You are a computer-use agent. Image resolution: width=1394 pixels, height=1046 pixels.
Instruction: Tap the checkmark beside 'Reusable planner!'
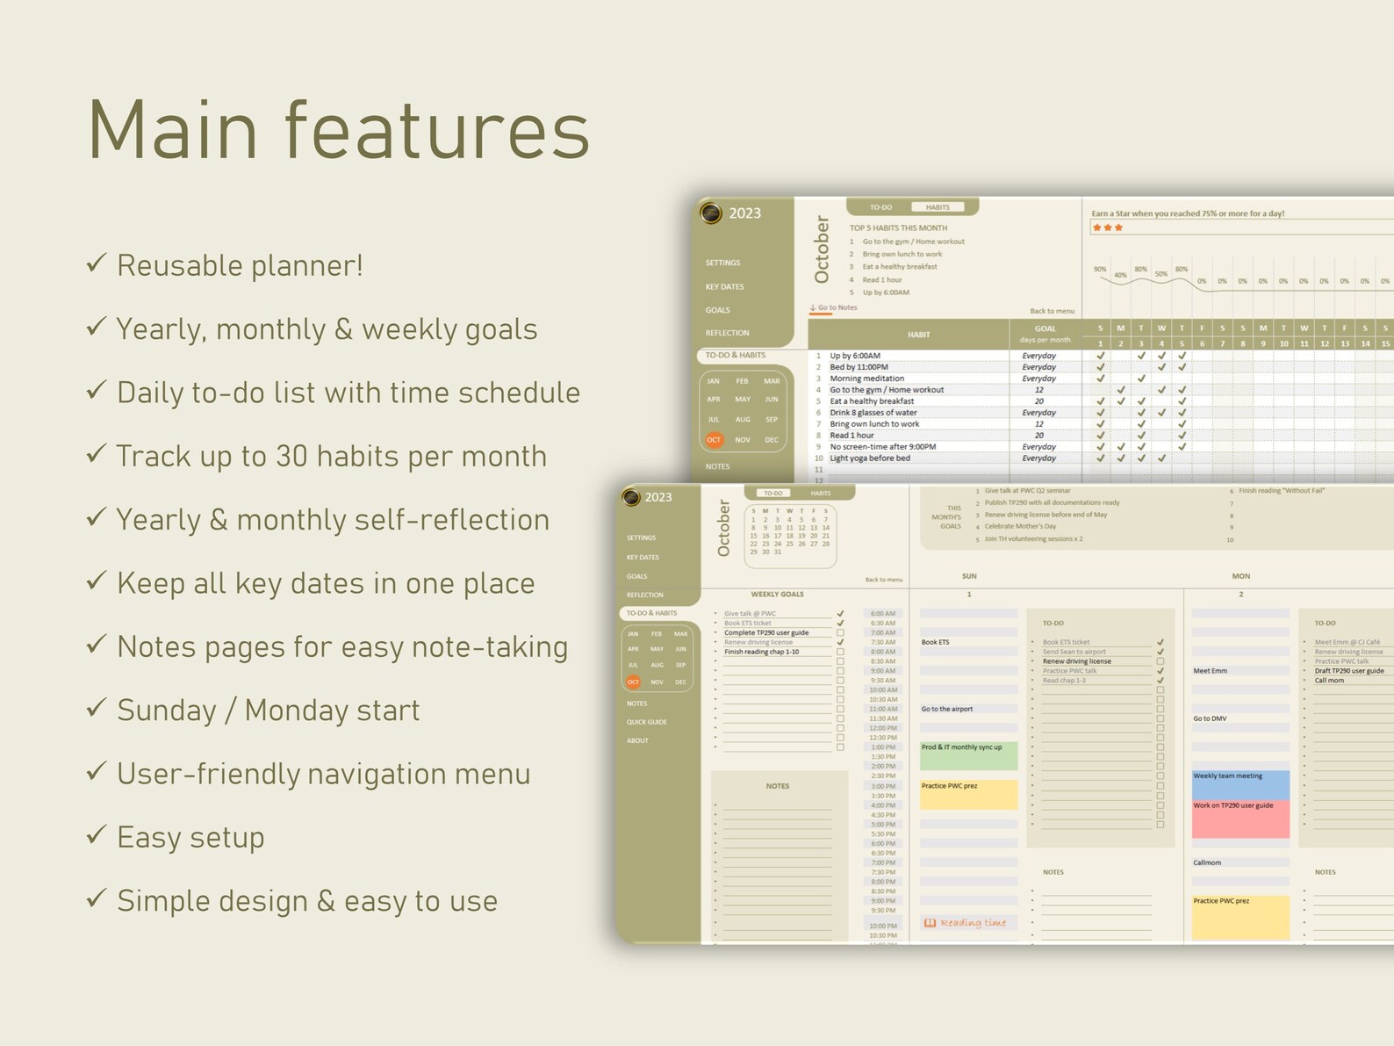point(97,263)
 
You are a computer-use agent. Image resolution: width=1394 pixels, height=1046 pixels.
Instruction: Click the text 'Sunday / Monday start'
point(268,710)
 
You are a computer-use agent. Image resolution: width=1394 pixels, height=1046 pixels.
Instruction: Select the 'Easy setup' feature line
point(190,837)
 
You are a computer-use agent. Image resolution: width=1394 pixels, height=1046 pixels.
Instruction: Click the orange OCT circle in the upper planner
point(714,440)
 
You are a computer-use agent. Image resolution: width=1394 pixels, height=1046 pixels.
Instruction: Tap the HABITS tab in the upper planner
point(938,207)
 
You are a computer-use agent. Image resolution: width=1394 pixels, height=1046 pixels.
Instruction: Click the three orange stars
point(1107,227)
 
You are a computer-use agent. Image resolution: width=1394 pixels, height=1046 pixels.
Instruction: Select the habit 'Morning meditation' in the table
point(866,379)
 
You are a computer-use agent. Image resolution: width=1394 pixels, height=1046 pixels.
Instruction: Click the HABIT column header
point(918,335)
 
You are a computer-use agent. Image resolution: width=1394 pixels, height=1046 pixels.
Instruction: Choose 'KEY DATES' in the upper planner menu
point(724,286)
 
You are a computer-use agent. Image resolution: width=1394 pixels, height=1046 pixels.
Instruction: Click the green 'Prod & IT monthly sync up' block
point(968,755)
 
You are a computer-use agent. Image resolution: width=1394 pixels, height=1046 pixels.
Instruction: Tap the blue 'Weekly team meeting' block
point(1240,783)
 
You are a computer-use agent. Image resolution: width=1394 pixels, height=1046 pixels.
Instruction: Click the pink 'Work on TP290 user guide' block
point(1240,818)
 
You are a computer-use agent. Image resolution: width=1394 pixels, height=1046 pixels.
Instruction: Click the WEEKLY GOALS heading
point(777,595)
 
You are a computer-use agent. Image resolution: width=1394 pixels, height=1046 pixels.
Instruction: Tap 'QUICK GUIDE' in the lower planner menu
point(647,722)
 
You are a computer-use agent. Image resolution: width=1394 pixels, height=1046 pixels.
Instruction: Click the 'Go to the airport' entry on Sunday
point(947,709)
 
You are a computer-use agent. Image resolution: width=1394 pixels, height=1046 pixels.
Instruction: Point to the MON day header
point(1240,576)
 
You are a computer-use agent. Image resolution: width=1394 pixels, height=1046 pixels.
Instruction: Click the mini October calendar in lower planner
point(789,532)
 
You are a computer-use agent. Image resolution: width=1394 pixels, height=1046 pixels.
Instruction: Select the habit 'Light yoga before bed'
point(870,458)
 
